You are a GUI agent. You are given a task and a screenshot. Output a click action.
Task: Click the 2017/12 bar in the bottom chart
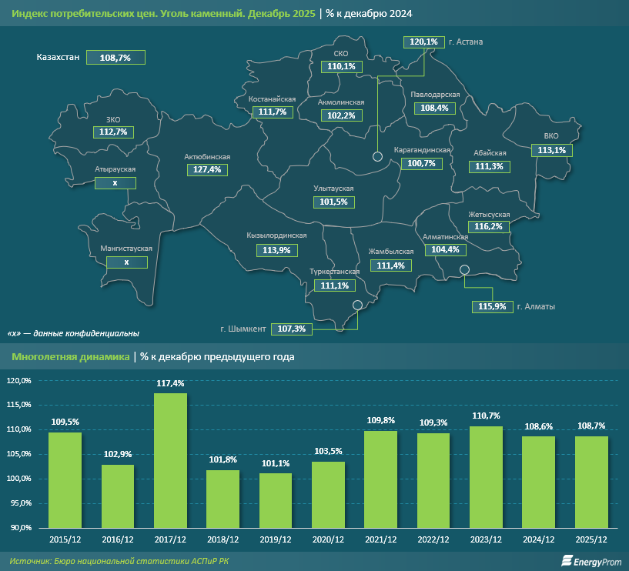170,460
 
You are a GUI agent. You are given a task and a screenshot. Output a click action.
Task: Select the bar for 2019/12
276,500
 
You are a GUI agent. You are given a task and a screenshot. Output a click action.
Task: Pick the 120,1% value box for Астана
423,42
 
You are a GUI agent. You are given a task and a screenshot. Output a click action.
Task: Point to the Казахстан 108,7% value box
115,58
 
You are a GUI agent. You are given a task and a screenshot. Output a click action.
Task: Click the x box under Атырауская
115,183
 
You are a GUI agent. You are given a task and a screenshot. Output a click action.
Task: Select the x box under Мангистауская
126,262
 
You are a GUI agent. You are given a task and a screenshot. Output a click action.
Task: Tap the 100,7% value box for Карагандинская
421,163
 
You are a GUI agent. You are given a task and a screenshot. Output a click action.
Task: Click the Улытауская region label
333,189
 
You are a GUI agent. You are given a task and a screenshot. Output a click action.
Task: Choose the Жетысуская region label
489,214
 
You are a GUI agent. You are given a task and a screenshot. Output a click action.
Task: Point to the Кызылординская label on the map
272,235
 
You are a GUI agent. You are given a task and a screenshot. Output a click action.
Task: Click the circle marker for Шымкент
357,305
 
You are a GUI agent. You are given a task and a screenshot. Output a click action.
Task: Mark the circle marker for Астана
377,156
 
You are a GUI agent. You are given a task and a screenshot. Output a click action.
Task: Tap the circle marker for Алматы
464,270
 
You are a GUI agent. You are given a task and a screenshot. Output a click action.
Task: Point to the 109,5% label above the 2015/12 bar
65,422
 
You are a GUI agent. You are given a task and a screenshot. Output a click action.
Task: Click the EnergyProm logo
591,562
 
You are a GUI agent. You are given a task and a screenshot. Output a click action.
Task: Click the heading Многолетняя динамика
69,357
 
